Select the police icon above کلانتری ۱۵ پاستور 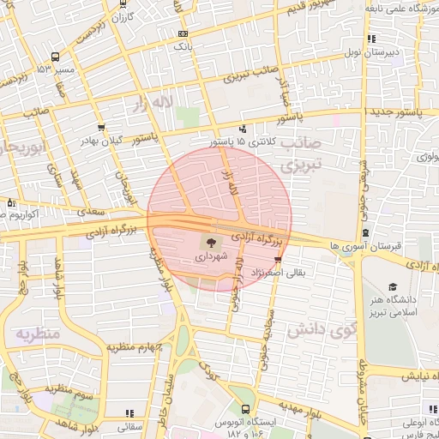(x=243, y=129)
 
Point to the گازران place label (x=124, y=17)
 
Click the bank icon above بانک (x=183, y=33)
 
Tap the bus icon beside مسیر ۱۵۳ (x=55, y=56)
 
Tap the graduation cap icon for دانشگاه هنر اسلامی (x=394, y=287)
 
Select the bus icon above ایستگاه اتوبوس (x=246, y=409)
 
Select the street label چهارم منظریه (x=134, y=347)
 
